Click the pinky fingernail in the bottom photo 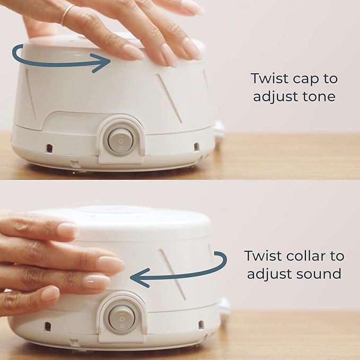[50, 293]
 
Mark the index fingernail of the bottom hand [68, 230]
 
